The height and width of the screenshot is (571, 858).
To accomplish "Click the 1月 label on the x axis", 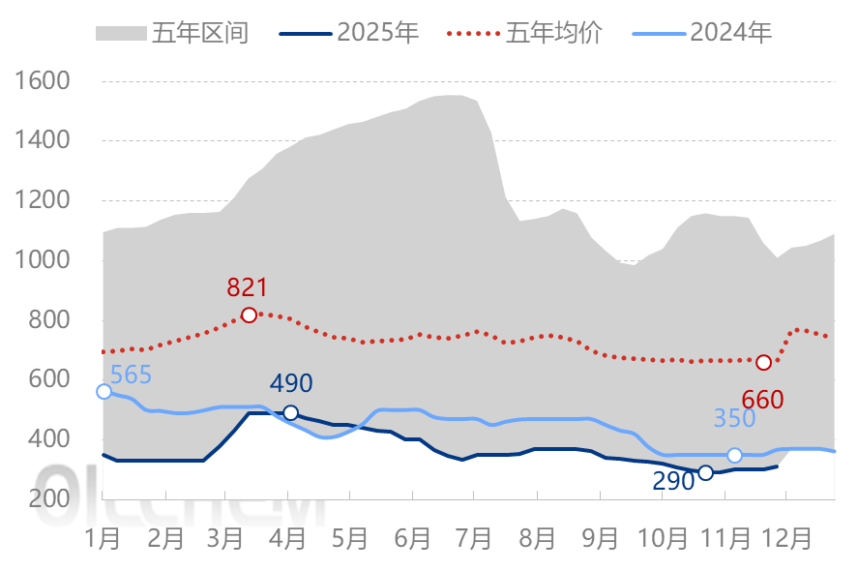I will [x=104, y=538].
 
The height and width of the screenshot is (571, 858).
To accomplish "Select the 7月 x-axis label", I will [x=475, y=538].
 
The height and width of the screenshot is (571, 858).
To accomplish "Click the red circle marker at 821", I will [x=249, y=315].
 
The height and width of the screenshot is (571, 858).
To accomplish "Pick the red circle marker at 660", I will [x=763, y=362].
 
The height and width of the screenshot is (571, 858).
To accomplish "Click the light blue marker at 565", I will [x=104, y=391].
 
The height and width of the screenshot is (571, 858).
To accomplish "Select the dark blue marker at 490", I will [x=290, y=412].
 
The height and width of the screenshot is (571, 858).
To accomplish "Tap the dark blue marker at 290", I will [x=705, y=472].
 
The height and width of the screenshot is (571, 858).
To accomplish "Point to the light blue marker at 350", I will [x=734, y=455].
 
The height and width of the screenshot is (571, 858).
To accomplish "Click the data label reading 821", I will [x=247, y=287].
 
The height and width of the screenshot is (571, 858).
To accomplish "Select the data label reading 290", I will [x=673, y=480].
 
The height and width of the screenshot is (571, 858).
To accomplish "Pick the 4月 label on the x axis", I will [x=289, y=538].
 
